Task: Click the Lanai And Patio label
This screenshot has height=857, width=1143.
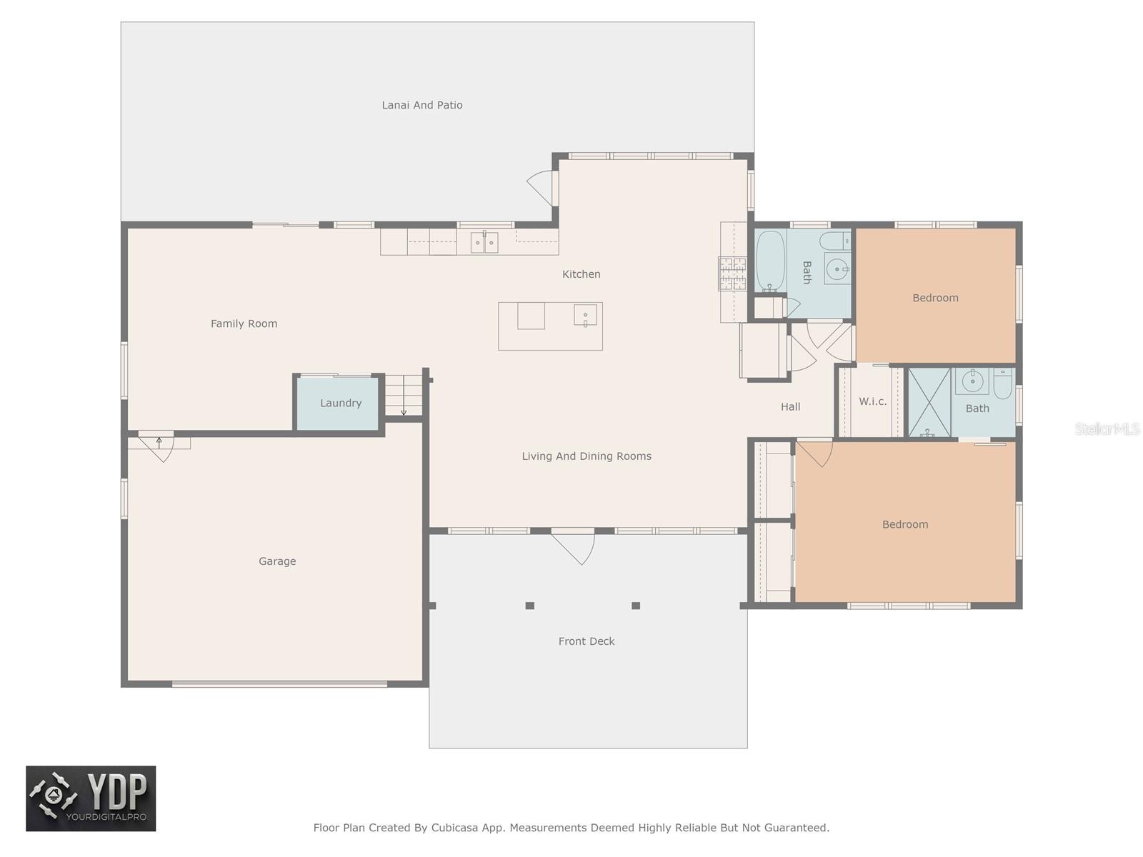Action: click(421, 105)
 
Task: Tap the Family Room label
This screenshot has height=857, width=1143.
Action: click(244, 324)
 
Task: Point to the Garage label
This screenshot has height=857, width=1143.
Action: click(277, 561)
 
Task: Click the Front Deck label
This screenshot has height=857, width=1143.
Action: click(587, 641)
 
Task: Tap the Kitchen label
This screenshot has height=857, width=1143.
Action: click(581, 274)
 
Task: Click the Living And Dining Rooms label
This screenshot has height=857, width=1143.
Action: click(587, 456)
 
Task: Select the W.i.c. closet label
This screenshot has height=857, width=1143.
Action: click(872, 401)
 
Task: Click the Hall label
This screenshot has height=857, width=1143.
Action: click(790, 407)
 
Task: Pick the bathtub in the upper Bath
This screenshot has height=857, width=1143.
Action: click(770, 261)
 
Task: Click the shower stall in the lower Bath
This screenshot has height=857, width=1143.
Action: click(929, 402)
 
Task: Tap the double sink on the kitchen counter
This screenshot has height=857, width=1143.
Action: click(484, 243)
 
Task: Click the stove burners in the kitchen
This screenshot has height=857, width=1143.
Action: click(733, 274)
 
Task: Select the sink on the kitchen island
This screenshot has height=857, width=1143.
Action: click(585, 316)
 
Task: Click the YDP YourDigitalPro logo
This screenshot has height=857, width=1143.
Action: click(91, 798)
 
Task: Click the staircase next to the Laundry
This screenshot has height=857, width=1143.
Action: click(404, 396)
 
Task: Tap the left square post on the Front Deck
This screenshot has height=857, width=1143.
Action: click(529, 606)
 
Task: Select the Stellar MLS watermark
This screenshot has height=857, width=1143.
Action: click(1107, 428)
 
